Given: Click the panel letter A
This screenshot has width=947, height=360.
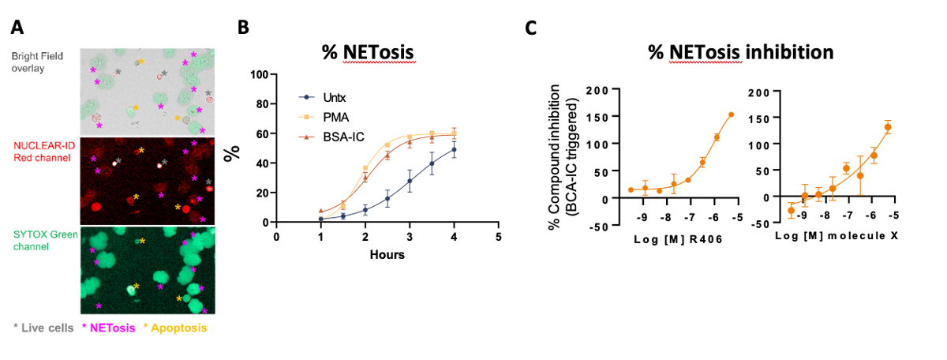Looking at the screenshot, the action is [x=17, y=27].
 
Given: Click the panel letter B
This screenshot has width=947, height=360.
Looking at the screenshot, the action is [x=243, y=27].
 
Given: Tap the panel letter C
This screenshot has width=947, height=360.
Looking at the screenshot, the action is [x=530, y=28].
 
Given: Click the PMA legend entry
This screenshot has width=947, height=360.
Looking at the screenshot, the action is [x=324, y=117].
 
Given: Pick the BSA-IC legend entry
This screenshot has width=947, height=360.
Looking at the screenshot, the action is [x=331, y=137].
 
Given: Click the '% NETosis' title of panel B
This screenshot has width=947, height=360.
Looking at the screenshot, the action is [x=368, y=52].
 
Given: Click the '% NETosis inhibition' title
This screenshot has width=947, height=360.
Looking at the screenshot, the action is [x=741, y=52].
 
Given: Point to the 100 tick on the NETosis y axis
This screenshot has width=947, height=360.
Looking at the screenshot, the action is [x=259, y=75].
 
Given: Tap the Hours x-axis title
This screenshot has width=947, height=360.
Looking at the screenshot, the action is [x=387, y=255].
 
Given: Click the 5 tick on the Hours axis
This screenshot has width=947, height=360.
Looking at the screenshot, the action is [x=499, y=237].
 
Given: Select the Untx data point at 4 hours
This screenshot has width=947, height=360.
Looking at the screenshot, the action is [x=454, y=149].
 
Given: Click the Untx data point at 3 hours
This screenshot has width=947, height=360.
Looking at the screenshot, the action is [x=410, y=181].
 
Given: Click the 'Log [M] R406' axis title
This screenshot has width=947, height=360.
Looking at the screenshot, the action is [x=678, y=240].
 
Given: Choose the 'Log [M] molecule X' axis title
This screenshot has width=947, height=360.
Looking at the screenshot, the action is [x=837, y=235].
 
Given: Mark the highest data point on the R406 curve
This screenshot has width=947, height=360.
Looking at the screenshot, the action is [x=731, y=114].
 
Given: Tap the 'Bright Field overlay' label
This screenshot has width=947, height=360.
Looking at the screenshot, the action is [x=37, y=62].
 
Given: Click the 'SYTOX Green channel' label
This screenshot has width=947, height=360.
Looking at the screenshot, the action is [x=45, y=240].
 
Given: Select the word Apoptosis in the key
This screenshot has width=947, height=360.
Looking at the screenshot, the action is [x=179, y=328].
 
